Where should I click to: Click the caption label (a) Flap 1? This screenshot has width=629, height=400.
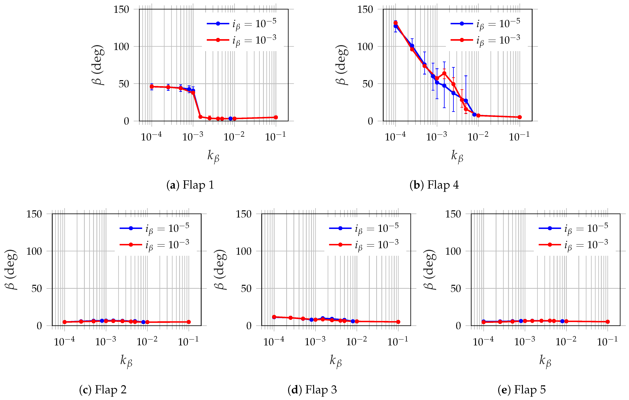(x=190, y=185)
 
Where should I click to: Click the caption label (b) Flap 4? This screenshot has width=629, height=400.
(x=434, y=185)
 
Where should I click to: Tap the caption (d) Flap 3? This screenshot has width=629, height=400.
(x=312, y=390)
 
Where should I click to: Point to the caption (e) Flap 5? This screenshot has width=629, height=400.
(x=522, y=390)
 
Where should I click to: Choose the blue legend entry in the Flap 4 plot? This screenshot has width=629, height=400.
(x=485, y=24)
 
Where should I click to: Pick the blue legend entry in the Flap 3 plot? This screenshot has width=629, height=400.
(x=364, y=228)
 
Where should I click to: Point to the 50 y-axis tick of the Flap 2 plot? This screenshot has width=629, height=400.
(x=37, y=289)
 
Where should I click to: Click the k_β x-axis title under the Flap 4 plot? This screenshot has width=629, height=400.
(x=457, y=156)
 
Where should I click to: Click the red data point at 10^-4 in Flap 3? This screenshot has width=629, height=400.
(x=274, y=317)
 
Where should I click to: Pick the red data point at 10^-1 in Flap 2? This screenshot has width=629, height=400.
(x=189, y=322)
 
